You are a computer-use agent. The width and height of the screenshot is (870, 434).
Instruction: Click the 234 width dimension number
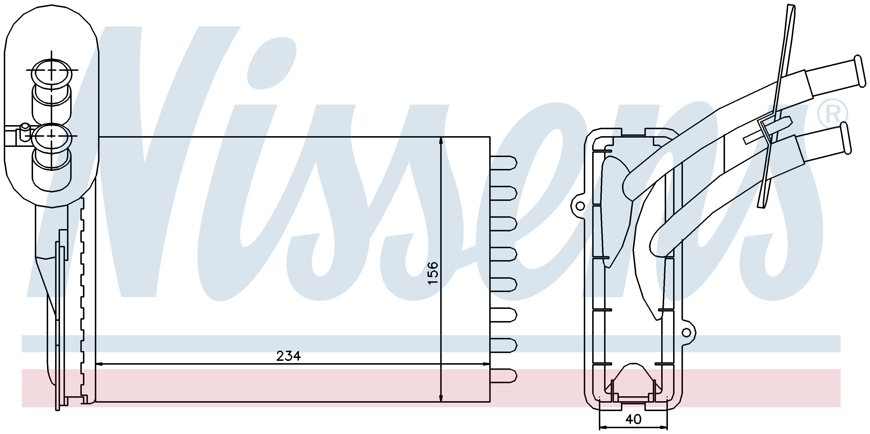coord(289,356)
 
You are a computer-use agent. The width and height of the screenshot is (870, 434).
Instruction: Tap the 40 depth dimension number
coord(633,419)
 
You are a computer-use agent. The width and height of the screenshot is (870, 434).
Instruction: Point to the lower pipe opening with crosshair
coord(52,136)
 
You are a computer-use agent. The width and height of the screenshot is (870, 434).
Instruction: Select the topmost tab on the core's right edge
coord(503,163)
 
